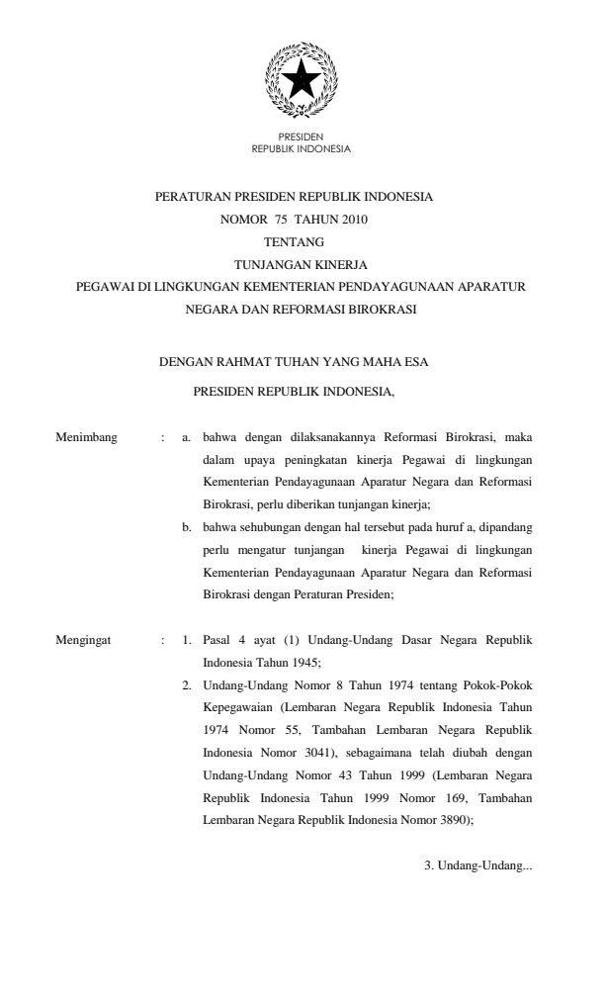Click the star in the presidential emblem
coord(302,77)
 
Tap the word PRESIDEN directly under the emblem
coord(302,136)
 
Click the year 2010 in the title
coord(352,220)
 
